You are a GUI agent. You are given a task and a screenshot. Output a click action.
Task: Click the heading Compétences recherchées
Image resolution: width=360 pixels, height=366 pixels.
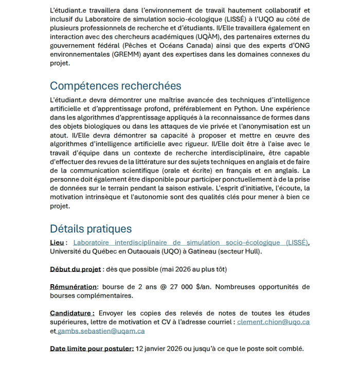tap(115, 86)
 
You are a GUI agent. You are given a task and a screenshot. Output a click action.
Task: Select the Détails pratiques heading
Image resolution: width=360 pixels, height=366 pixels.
tap(91, 229)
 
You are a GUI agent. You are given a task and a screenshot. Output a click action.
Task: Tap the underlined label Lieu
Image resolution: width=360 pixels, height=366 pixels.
tap(57, 242)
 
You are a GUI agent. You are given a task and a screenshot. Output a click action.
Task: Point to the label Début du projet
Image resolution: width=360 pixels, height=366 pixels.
tap(75, 269)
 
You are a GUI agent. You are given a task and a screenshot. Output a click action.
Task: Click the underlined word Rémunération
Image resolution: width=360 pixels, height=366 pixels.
tap(73, 287)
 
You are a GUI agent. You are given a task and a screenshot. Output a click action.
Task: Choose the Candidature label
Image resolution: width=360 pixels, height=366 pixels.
tap(71, 313)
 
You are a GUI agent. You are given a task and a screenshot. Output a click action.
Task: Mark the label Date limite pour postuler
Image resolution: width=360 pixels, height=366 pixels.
tap(92, 348)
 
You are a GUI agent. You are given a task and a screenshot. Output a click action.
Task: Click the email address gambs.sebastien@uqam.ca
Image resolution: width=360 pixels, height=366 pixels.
tap(101, 331)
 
